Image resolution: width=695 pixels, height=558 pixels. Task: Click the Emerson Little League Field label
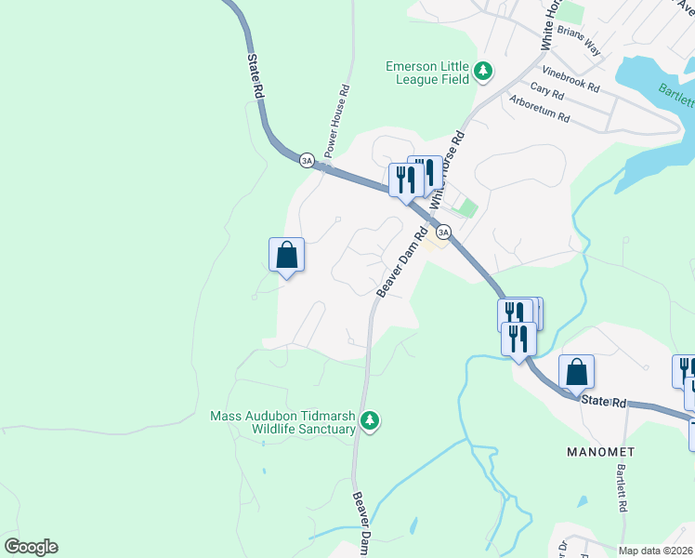point(428,73)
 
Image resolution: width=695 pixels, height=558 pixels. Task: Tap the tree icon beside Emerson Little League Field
point(482,72)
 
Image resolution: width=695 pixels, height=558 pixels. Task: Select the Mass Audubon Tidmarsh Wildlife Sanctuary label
point(283,422)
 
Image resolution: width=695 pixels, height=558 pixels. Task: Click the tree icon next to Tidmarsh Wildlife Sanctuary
point(370,422)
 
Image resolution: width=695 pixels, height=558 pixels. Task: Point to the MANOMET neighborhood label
point(600,451)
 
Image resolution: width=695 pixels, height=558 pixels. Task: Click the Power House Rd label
point(336,121)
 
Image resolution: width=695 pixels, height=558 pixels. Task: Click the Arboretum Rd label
point(538,108)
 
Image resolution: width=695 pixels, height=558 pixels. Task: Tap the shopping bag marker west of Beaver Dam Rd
point(286,256)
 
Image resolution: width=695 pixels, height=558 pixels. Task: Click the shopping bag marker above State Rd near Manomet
point(576,371)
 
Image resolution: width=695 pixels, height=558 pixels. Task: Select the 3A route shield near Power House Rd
point(307,160)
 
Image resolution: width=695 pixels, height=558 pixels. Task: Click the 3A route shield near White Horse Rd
point(443,232)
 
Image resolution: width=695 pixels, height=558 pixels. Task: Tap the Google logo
point(31,547)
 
